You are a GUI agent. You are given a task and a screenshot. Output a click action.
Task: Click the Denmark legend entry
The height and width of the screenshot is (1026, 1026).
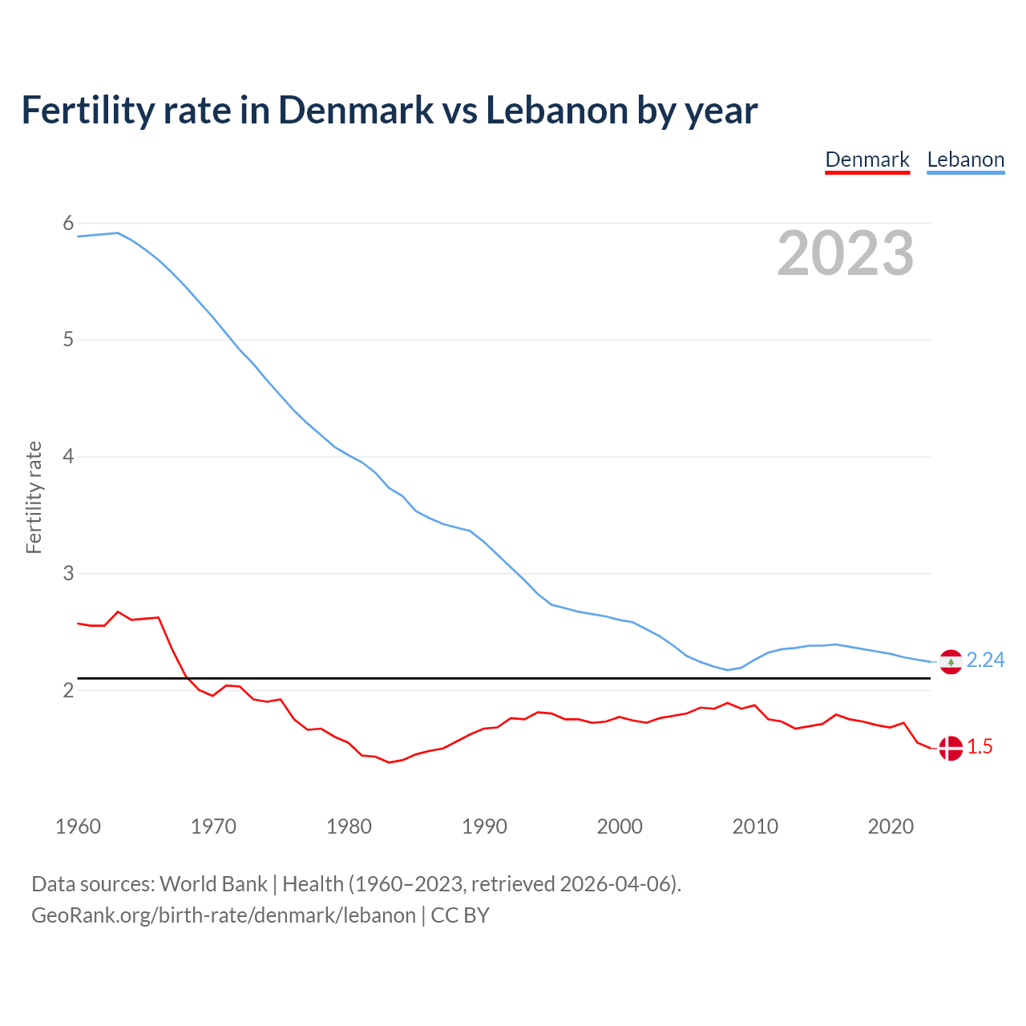pos(867,160)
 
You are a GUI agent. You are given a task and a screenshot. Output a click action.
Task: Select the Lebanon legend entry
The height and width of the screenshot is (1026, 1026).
pos(965,160)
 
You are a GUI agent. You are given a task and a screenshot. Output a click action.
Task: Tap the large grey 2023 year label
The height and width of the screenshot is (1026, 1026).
pos(846,253)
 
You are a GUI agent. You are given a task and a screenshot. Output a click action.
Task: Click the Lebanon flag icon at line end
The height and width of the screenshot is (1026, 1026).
pos(951,662)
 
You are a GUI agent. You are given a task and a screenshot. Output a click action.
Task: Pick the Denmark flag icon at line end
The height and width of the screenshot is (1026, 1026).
pos(951,748)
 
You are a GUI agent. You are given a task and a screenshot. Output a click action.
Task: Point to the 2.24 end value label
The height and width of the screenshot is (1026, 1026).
pos(985,660)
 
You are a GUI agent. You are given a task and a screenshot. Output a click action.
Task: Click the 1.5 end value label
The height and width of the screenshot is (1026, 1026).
pos(980,746)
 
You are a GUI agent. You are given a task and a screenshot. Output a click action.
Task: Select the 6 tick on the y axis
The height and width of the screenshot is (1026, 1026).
pos(68,223)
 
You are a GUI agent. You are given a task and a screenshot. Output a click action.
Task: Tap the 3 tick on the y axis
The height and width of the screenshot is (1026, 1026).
pos(68,573)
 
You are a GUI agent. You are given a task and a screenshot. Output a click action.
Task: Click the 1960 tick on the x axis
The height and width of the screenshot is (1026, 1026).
pos(78,826)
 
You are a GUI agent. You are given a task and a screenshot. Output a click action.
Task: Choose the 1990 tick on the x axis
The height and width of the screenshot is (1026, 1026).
pos(484,826)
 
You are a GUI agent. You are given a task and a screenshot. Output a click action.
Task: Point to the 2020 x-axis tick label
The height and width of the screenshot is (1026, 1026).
pos(891,826)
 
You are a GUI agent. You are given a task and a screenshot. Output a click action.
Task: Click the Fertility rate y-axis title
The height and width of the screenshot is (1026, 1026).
pos(34,497)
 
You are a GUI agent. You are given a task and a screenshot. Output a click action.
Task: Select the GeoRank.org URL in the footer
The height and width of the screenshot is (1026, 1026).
pos(224,915)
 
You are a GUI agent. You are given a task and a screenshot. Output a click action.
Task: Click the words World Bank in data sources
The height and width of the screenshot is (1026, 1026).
pos(213,884)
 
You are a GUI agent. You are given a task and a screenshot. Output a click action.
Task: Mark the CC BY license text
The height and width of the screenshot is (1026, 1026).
pos(460,915)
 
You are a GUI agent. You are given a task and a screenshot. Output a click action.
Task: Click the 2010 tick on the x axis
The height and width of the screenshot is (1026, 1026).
pos(755,826)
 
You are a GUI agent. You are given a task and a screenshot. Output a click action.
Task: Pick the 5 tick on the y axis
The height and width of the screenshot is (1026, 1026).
pos(68,340)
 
